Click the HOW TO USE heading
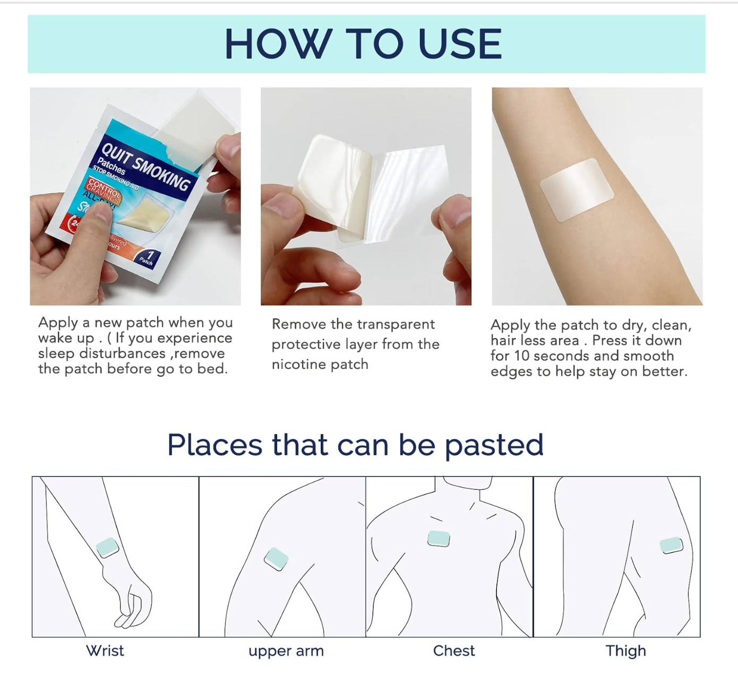coord(363,44)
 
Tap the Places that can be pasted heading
coord(355,445)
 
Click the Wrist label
coord(105,651)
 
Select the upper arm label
coord(286,651)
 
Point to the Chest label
coord(454,651)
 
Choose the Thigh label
coord(625,651)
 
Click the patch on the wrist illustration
coord(107,547)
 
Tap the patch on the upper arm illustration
coord(276,559)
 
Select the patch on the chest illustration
coord(439,539)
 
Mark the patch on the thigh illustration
coord(671,545)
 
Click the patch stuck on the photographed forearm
coord(577,189)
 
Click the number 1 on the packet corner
coord(150,255)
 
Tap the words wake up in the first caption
coord(66,339)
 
